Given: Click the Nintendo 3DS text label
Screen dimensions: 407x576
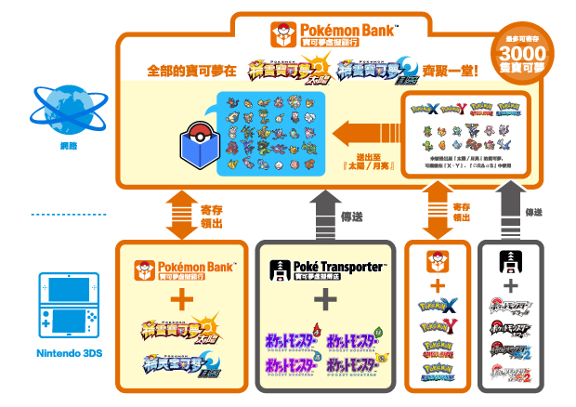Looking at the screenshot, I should point(59,353).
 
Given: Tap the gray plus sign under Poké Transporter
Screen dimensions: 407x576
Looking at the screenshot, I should point(325,301).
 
